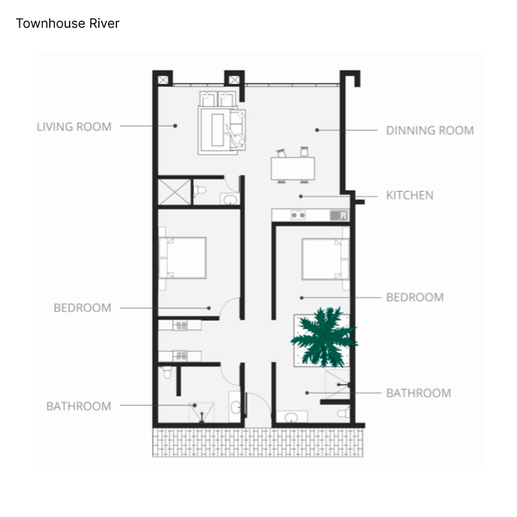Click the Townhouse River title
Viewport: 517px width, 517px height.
[x=68, y=23]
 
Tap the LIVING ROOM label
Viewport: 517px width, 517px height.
[x=74, y=127]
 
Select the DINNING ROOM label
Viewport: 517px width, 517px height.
[x=430, y=131]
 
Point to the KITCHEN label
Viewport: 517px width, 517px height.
[x=410, y=195]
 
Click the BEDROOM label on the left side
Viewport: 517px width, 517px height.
[x=83, y=308]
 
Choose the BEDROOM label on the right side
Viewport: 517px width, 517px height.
[x=415, y=297]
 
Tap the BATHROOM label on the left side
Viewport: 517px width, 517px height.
[x=79, y=406]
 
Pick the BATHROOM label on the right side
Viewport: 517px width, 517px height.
[x=419, y=393]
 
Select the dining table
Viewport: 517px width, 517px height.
[x=293, y=169]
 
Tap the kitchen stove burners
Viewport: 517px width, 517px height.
[x=298, y=215]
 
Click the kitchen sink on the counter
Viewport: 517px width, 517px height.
[x=339, y=215]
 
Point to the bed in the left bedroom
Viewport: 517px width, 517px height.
[x=183, y=258]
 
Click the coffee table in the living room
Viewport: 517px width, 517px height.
[x=218, y=130]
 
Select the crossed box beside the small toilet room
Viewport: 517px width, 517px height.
[x=174, y=192]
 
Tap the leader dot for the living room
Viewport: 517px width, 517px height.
[x=175, y=125]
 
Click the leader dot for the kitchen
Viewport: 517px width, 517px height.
[x=301, y=196]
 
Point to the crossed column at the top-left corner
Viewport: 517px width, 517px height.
[x=163, y=80]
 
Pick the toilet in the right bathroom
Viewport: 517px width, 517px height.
[x=344, y=413]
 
